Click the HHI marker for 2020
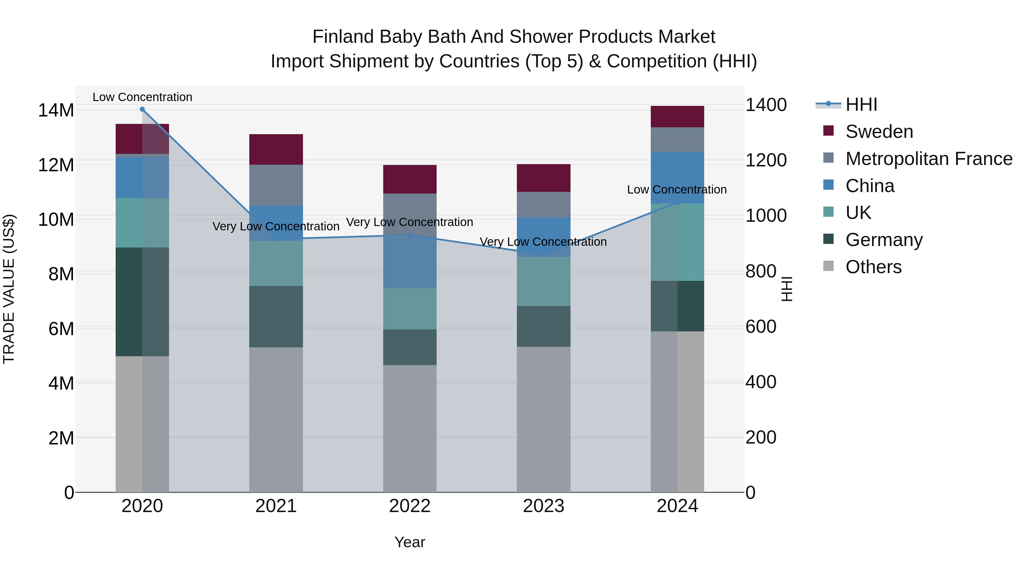click(142, 109)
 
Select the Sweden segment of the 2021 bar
click(276, 149)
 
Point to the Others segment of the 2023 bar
click(543, 419)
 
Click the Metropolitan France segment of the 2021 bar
click(276, 185)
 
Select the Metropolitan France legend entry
click(928, 159)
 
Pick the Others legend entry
click(873, 267)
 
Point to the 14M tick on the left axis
click(56, 110)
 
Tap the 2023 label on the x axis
click(543, 506)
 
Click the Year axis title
click(409, 542)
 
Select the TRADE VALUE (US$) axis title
click(9, 289)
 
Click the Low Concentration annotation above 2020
click(142, 97)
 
